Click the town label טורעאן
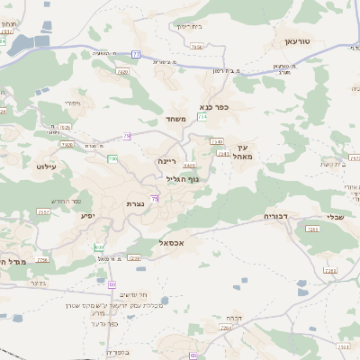tap(296, 41)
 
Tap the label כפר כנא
tap(214, 106)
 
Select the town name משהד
tap(176, 119)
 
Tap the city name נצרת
tap(135, 203)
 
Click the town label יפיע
tap(87, 215)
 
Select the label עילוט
tap(47, 166)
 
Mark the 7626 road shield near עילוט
tap(67, 144)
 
